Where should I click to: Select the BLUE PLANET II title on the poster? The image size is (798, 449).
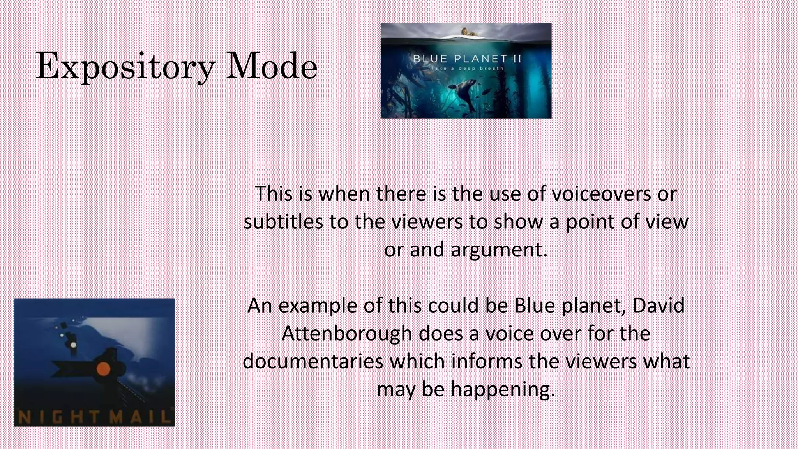pos(467,59)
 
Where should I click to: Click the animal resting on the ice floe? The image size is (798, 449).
pos(470,32)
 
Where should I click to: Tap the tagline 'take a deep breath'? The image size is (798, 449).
pos(467,69)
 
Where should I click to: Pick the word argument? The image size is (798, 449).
pos(499,249)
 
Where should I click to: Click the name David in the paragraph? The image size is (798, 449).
pos(659,306)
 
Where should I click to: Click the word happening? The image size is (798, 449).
pos(503,389)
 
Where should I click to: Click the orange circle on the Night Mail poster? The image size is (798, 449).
pos(103,368)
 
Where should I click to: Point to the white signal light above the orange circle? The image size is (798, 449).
pos(73,345)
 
